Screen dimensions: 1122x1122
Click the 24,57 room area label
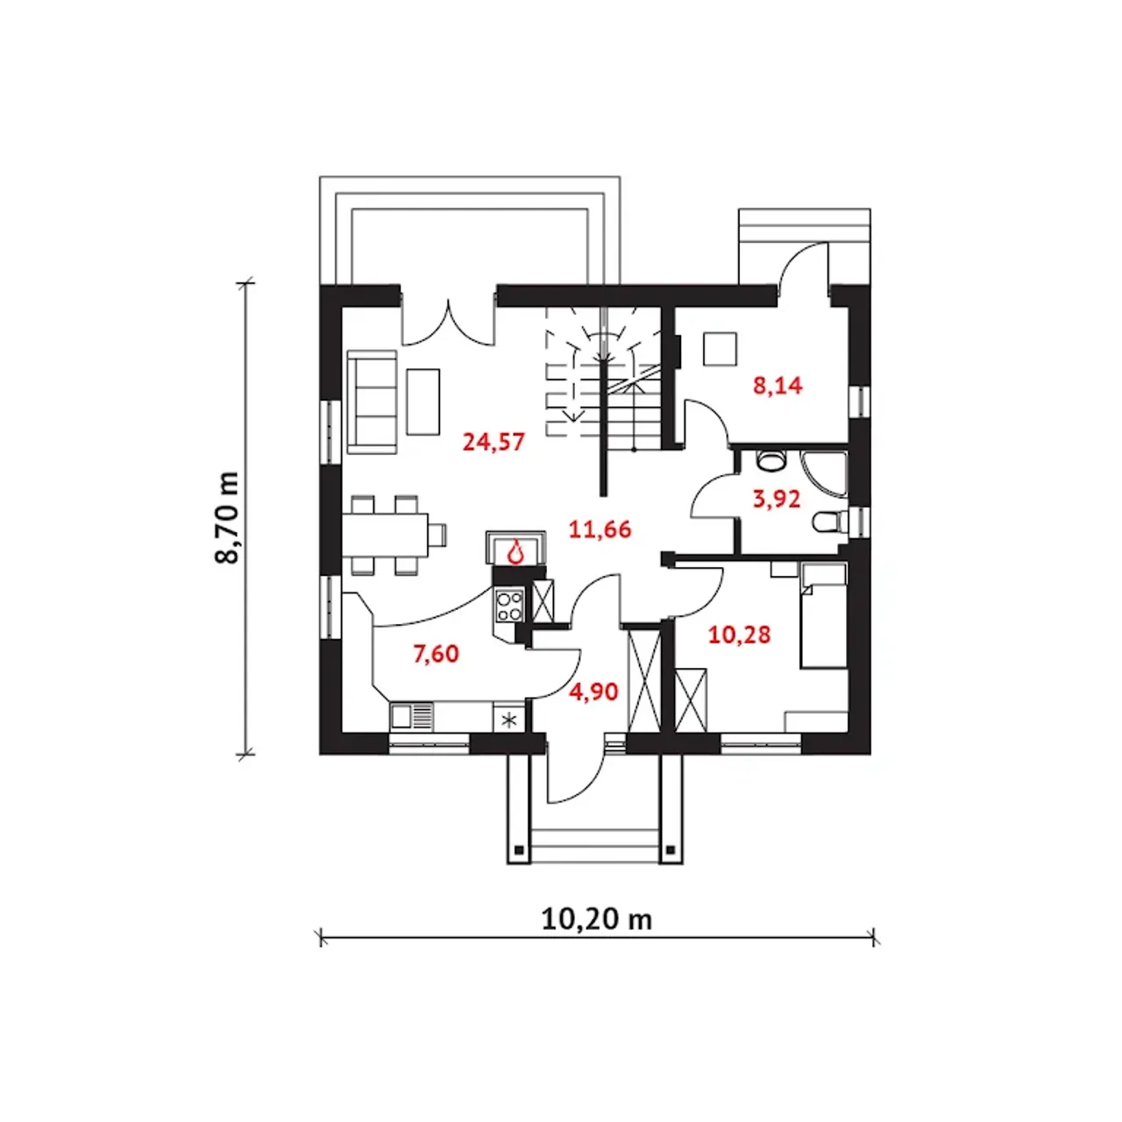[x=494, y=442]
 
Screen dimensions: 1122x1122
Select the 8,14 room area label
[x=778, y=385]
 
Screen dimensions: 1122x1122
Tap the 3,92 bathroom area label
[x=777, y=499]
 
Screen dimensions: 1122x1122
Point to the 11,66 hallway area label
[x=600, y=529]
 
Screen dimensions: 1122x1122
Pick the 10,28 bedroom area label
[x=739, y=634]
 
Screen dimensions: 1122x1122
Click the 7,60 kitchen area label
[x=436, y=653]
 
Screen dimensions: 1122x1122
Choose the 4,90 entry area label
[x=593, y=692]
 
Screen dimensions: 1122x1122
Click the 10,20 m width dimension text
[x=597, y=919]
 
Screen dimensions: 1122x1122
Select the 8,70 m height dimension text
[x=228, y=517]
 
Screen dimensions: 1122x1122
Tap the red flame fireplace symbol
[x=517, y=551]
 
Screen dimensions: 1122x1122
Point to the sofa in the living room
[x=373, y=402]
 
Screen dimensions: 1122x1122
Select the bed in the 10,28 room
[x=823, y=616]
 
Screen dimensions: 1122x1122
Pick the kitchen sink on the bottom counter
[x=411, y=717]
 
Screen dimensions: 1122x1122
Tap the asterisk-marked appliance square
[x=509, y=720]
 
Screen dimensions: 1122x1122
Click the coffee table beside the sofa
[x=423, y=401]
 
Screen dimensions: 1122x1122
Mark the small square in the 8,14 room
[x=721, y=349]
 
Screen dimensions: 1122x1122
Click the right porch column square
[x=671, y=849]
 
